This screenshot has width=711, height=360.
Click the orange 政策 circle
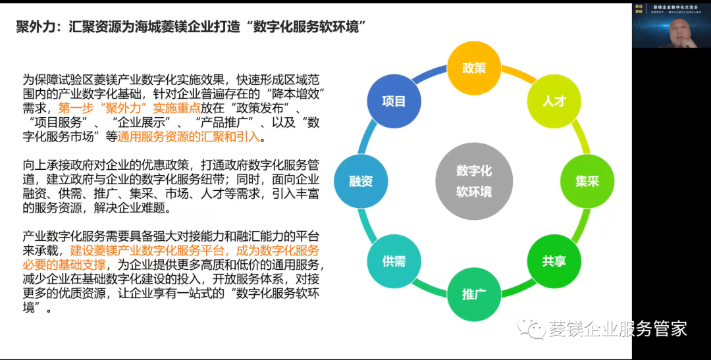[474, 68]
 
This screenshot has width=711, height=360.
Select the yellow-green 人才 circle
[554, 102]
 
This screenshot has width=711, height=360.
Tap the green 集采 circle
[587, 181]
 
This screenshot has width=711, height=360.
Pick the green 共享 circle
[554, 261]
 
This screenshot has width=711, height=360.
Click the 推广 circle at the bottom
[474, 294]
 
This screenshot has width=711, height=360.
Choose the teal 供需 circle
[394, 261]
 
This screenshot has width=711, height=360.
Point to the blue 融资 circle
[361, 181]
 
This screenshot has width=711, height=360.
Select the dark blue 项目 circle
[394, 101]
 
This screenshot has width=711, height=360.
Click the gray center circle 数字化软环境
[474, 182]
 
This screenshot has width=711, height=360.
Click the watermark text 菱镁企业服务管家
[618, 329]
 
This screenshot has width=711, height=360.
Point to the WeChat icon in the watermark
[531, 328]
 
